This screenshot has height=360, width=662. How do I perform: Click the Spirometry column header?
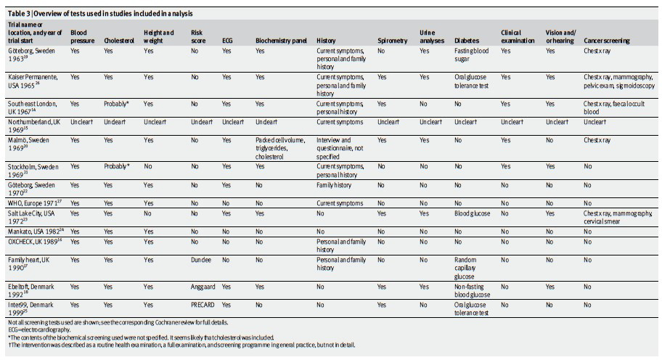click(392, 41)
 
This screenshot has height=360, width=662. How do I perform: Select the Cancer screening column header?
click(606, 41)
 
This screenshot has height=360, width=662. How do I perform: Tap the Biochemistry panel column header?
click(281, 41)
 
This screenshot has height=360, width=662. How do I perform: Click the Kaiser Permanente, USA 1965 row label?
click(33, 81)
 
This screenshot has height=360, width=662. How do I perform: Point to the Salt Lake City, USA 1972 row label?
click(31, 217)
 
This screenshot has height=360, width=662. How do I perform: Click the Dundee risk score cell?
click(201, 260)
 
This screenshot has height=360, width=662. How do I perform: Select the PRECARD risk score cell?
click(203, 305)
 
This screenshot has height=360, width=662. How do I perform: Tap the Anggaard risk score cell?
click(203, 287)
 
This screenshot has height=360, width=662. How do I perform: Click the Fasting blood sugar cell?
click(471, 55)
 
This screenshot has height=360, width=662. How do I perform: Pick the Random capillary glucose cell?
click(465, 268)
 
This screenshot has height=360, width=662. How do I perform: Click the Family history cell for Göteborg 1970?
click(333, 185)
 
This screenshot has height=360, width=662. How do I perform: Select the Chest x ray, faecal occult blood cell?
click(614, 107)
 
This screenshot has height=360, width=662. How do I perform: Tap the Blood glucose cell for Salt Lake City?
click(472, 213)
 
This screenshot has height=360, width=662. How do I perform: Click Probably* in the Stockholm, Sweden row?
click(117, 166)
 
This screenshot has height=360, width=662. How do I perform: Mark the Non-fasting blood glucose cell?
click(472, 290)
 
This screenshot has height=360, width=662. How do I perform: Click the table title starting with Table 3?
click(100, 14)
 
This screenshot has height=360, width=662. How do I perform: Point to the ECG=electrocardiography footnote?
click(39, 330)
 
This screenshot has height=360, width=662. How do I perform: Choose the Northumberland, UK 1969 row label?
click(34, 126)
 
